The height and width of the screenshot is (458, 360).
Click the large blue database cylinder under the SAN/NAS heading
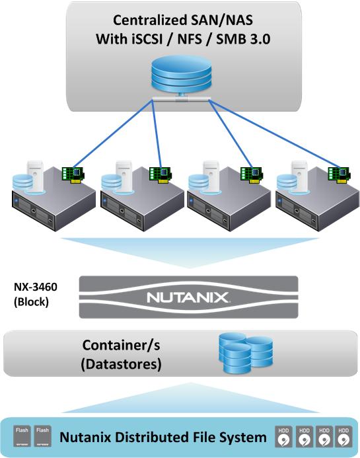click(181, 74)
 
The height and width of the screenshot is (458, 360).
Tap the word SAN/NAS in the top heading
click(222, 20)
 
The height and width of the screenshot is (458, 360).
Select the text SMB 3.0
click(243, 39)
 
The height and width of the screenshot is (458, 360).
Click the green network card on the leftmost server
click(73, 175)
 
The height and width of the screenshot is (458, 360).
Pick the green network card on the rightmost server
click(339, 175)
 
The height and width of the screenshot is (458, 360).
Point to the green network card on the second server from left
click(160, 175)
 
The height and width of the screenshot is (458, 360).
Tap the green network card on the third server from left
click(251, 175)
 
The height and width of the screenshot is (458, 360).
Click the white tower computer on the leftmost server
click(35, 176)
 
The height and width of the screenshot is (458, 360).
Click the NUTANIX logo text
click(188, 297)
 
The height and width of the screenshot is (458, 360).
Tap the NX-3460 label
click(36, 287)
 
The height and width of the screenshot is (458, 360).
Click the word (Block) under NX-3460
click(31, 302)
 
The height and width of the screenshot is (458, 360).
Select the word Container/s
click(121, 345)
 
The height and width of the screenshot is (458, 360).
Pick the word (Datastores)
click(121, 364)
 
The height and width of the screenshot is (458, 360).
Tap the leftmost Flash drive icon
click(22, 436)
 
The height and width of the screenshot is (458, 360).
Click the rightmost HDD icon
click(343, 437)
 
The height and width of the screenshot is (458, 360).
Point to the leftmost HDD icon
click(283, 437)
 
